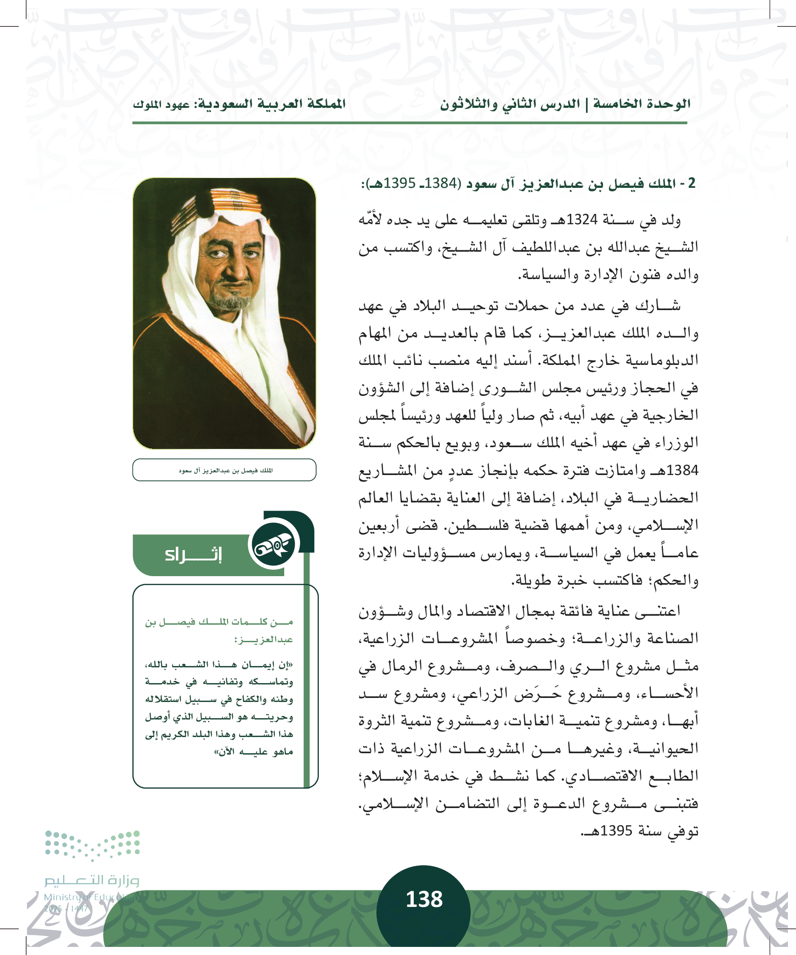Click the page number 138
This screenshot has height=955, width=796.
[x=424, y=900]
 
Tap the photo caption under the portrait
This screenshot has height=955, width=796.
[x=225, y=470]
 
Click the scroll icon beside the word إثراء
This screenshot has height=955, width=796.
[x=273, y=544]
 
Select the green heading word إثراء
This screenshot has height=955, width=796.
[x=193, y=555]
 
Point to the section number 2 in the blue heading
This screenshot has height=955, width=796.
[x=691, y=183]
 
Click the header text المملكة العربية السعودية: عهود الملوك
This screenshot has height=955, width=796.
[x=239, y=104]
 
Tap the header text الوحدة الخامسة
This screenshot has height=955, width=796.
[x=642, y=104]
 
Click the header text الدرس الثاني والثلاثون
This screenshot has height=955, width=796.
[x=510, y=104]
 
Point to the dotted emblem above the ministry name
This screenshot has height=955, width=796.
[x=92, y=844]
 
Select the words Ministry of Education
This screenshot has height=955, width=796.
[x=91, y=897]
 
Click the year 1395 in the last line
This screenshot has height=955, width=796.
[x=616, y=831]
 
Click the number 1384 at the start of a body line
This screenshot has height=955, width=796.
[x=682, y=470]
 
